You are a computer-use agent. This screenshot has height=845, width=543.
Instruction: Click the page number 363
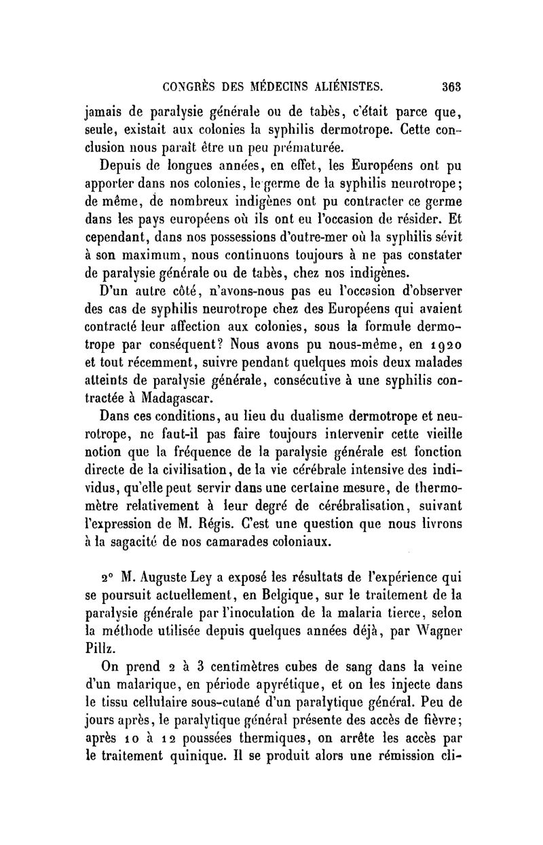pos(451,86)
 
